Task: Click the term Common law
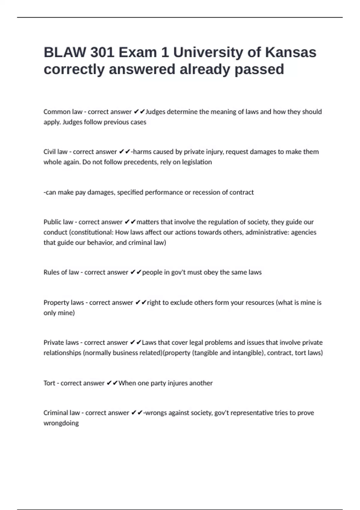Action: [x=63, y=112]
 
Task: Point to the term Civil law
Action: [x=55, y=152]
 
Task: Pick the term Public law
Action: [x=58, y=222]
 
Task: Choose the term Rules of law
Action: [x=61, y=272]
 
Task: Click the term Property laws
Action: [x=64, y=303]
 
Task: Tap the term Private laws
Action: [x=61, y=343]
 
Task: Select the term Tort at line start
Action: [x=49, y=383]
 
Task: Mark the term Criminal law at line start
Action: [x=61, y=413]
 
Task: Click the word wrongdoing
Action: [x=61, y=423]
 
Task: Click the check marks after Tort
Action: [x=112, y=383]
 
